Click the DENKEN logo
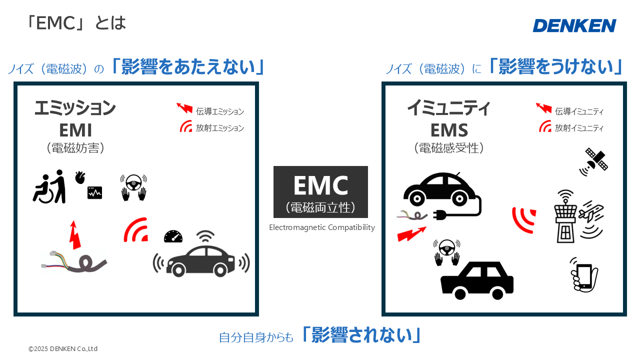(x=574, y=25)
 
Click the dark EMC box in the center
(x=320, y=192)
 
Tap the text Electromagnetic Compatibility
(x=321, y=227)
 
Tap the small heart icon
(x=80, y=177)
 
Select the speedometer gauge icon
(x=173, y=236)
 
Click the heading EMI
(x=75, y=130)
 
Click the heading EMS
(x=449, y=130)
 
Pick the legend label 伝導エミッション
(x=220, y=111)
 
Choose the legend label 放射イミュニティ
(x=579, y=128)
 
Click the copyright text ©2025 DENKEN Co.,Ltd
(x=63, y=348)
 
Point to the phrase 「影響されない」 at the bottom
(x=361, y=335)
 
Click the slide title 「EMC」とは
(x=75, y=23)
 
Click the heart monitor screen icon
(x=94, y=192)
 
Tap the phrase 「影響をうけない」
(x=555, y=66)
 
